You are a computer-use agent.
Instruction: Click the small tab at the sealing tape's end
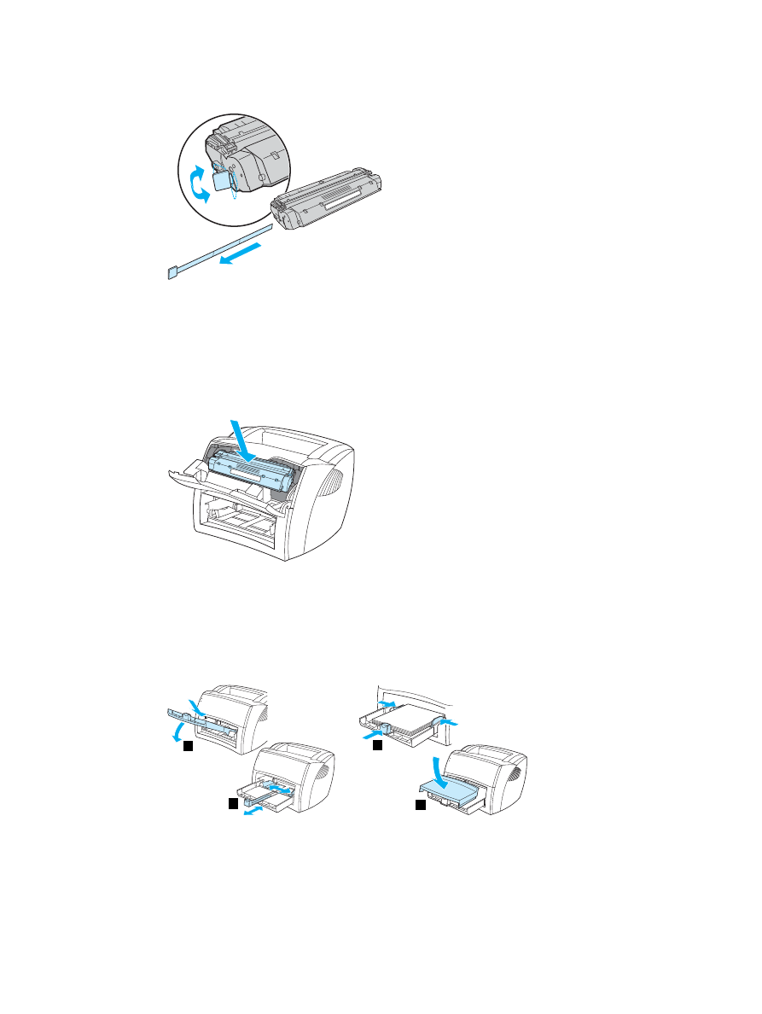click(x=171, y=274)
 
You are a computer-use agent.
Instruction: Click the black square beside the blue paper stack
click(x=420, y=804)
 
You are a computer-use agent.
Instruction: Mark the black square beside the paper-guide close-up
click(x=375, y=746)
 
